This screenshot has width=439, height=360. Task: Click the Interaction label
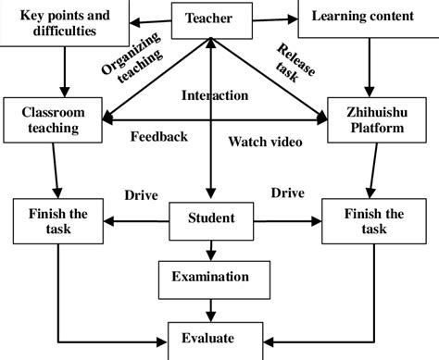point(215,95)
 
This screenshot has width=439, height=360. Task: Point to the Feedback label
point(159,137)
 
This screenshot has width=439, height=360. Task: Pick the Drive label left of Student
point(141,195)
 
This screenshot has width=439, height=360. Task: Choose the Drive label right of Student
point(288,193)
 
